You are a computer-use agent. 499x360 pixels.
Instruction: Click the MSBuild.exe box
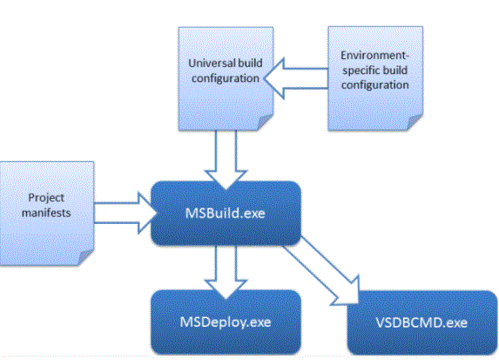(226, 214)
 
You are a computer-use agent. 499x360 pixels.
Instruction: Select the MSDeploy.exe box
(226, 322)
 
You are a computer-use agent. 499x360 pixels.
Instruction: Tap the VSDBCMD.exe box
(422, 323)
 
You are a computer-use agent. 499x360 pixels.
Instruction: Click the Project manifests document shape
(46, 214)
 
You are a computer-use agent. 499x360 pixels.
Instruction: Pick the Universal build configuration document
(226, 78)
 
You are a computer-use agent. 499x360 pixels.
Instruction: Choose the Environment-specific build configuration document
(375, 78)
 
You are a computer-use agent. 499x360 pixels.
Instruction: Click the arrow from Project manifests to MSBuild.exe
(125, 213)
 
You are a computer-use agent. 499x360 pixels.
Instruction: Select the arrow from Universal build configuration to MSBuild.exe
(226, 160)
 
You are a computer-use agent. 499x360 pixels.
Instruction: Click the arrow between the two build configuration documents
(296, 78)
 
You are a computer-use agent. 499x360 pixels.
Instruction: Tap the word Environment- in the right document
(374, 56)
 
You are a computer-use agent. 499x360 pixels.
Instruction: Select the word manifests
(46, 213)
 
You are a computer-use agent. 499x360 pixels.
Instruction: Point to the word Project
(46, 198)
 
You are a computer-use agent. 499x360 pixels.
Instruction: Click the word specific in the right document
(360, 71)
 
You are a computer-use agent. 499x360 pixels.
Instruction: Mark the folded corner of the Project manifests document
(85, 257)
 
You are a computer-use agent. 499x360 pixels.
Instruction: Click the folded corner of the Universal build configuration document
(265, 123)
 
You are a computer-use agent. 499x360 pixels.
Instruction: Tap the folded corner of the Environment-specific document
(415, 123)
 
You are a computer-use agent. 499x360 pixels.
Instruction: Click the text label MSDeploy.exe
(226, 323)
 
